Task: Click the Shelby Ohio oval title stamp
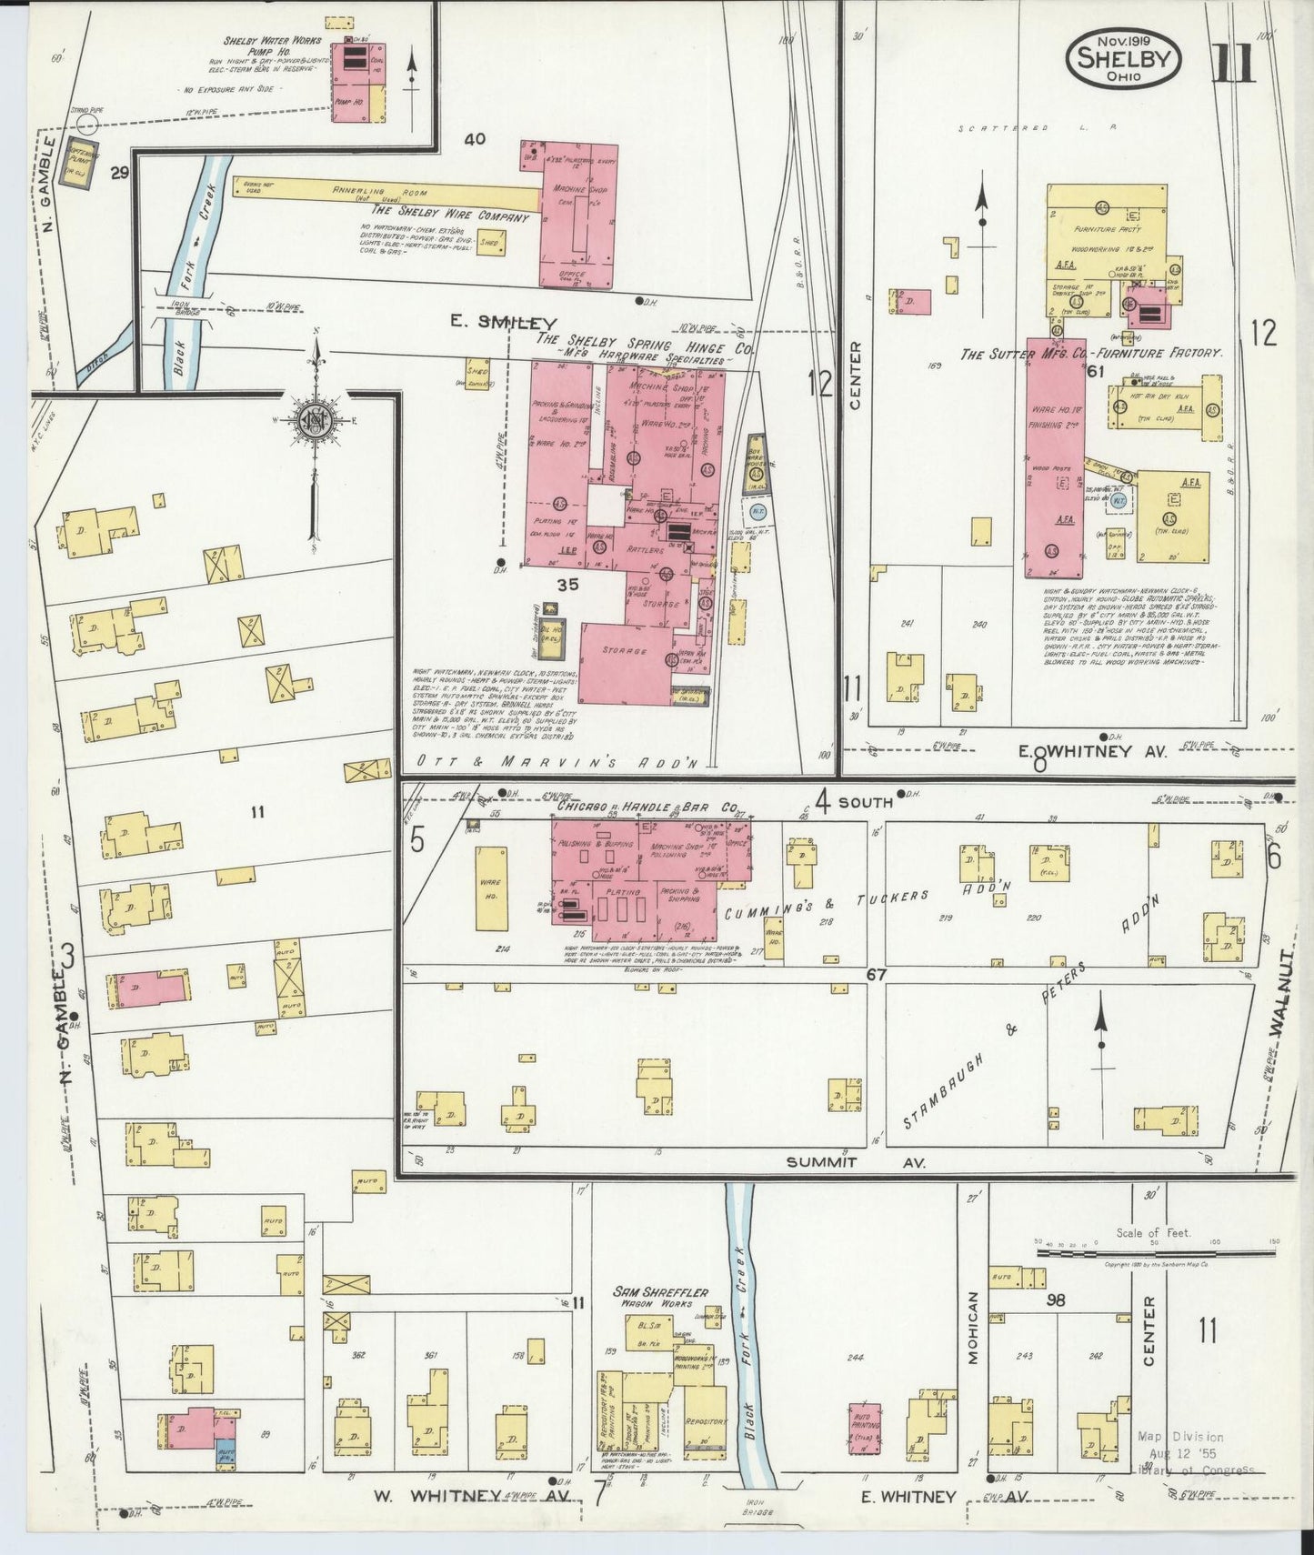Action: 1124,57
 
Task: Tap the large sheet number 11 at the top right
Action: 1233,63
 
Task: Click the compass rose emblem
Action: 316,422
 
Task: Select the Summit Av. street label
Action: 855,1162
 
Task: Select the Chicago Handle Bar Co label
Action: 646,807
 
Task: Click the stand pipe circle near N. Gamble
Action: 88,125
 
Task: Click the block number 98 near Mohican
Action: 1056,1300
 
